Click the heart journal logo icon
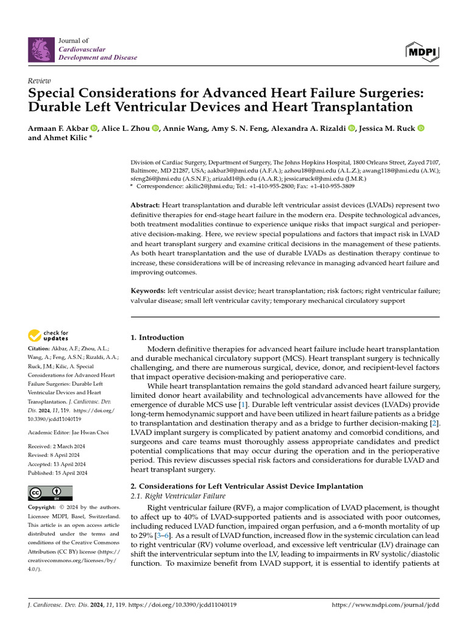(x=41, y=49)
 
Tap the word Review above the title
(x=40, y=81)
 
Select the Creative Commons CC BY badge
(x=50, y=493)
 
